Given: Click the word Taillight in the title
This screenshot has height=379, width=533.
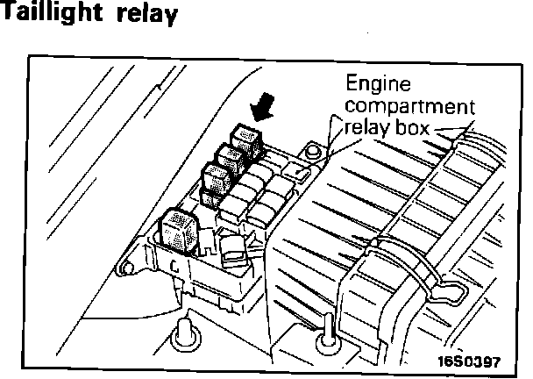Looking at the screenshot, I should coord(52,15).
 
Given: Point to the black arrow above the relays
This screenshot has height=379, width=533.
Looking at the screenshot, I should coord(262,110).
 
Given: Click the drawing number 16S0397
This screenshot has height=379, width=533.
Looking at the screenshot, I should coord(473,360).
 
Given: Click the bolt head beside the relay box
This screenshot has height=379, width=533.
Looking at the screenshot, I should coord(309,154).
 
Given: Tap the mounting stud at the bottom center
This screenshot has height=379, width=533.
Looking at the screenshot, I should coord(325,340).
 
